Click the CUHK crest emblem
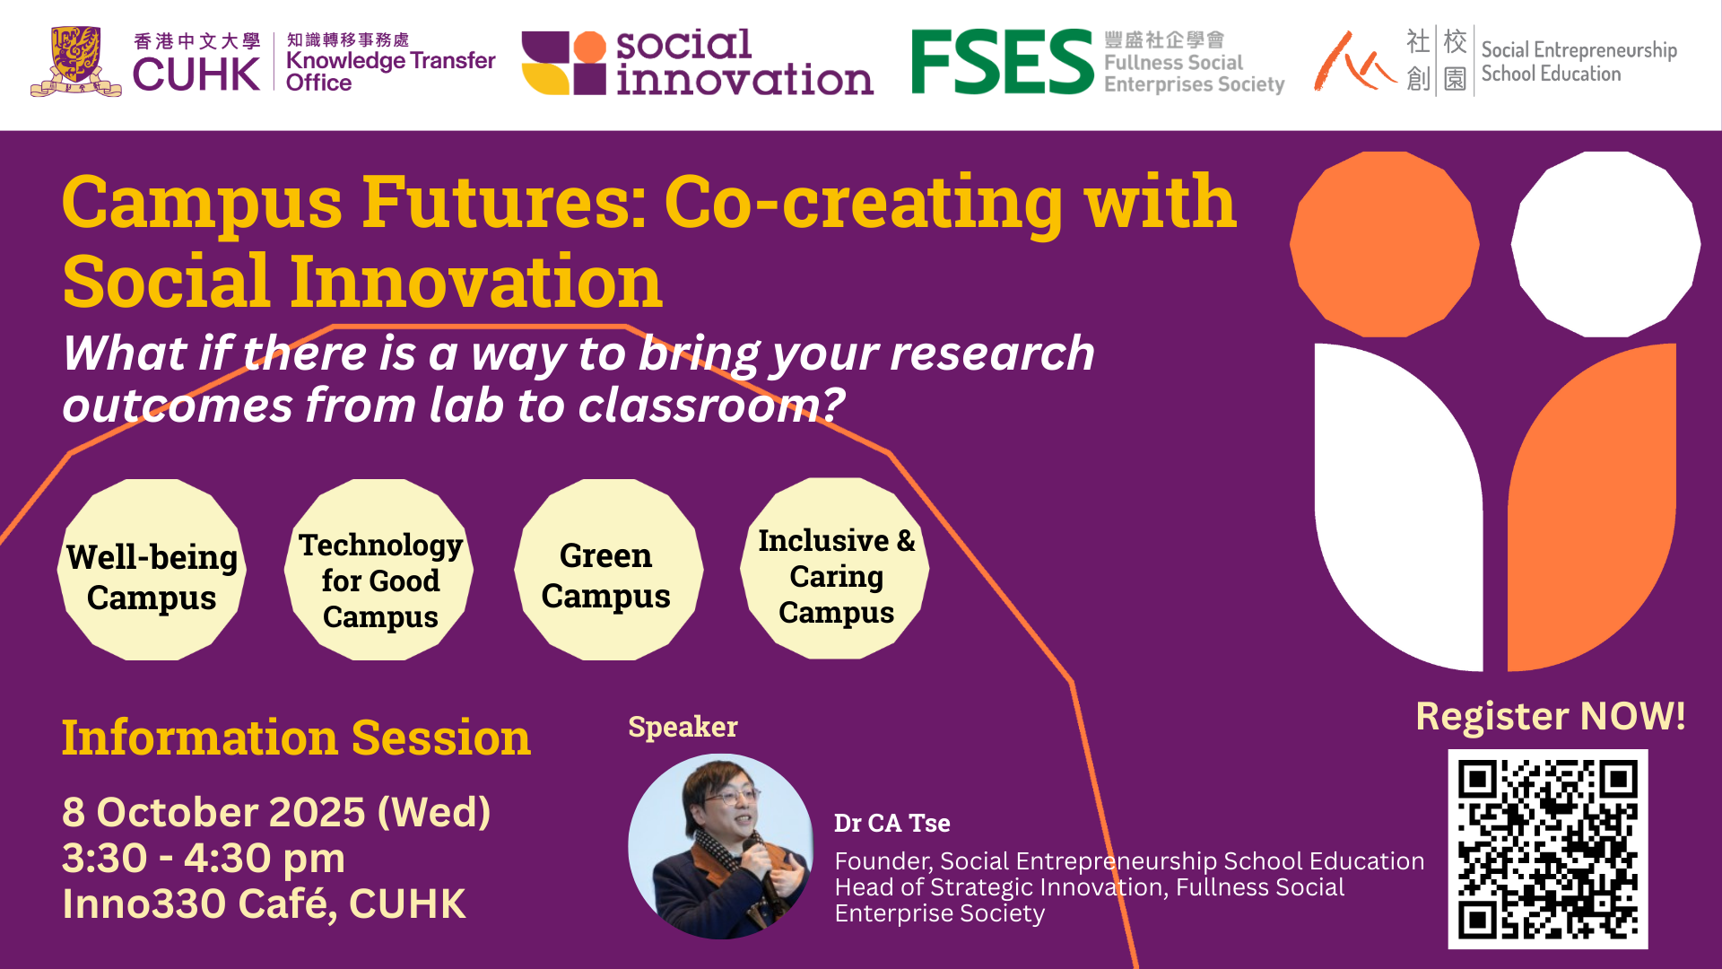click(75, 61)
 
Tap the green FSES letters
click(1002, 62)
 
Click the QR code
click(1548, 849)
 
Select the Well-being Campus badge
click(152, 570)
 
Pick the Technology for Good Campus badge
click(379, 570)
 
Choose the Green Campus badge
click(608, 570)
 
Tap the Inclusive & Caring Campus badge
click(835, 569)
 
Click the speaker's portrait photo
click(721, 846)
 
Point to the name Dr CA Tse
click(892, 823)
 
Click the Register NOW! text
click(1551, 716)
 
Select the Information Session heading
click(296, 738)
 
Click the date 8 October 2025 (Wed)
click(276, 813)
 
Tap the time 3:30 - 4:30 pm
click(204, 858)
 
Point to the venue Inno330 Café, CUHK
click(264, 904)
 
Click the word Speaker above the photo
click(683, 727)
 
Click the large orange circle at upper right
click(1385, 244)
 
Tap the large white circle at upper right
click(1605, 244)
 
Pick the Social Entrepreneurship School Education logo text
click(1578, 62)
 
